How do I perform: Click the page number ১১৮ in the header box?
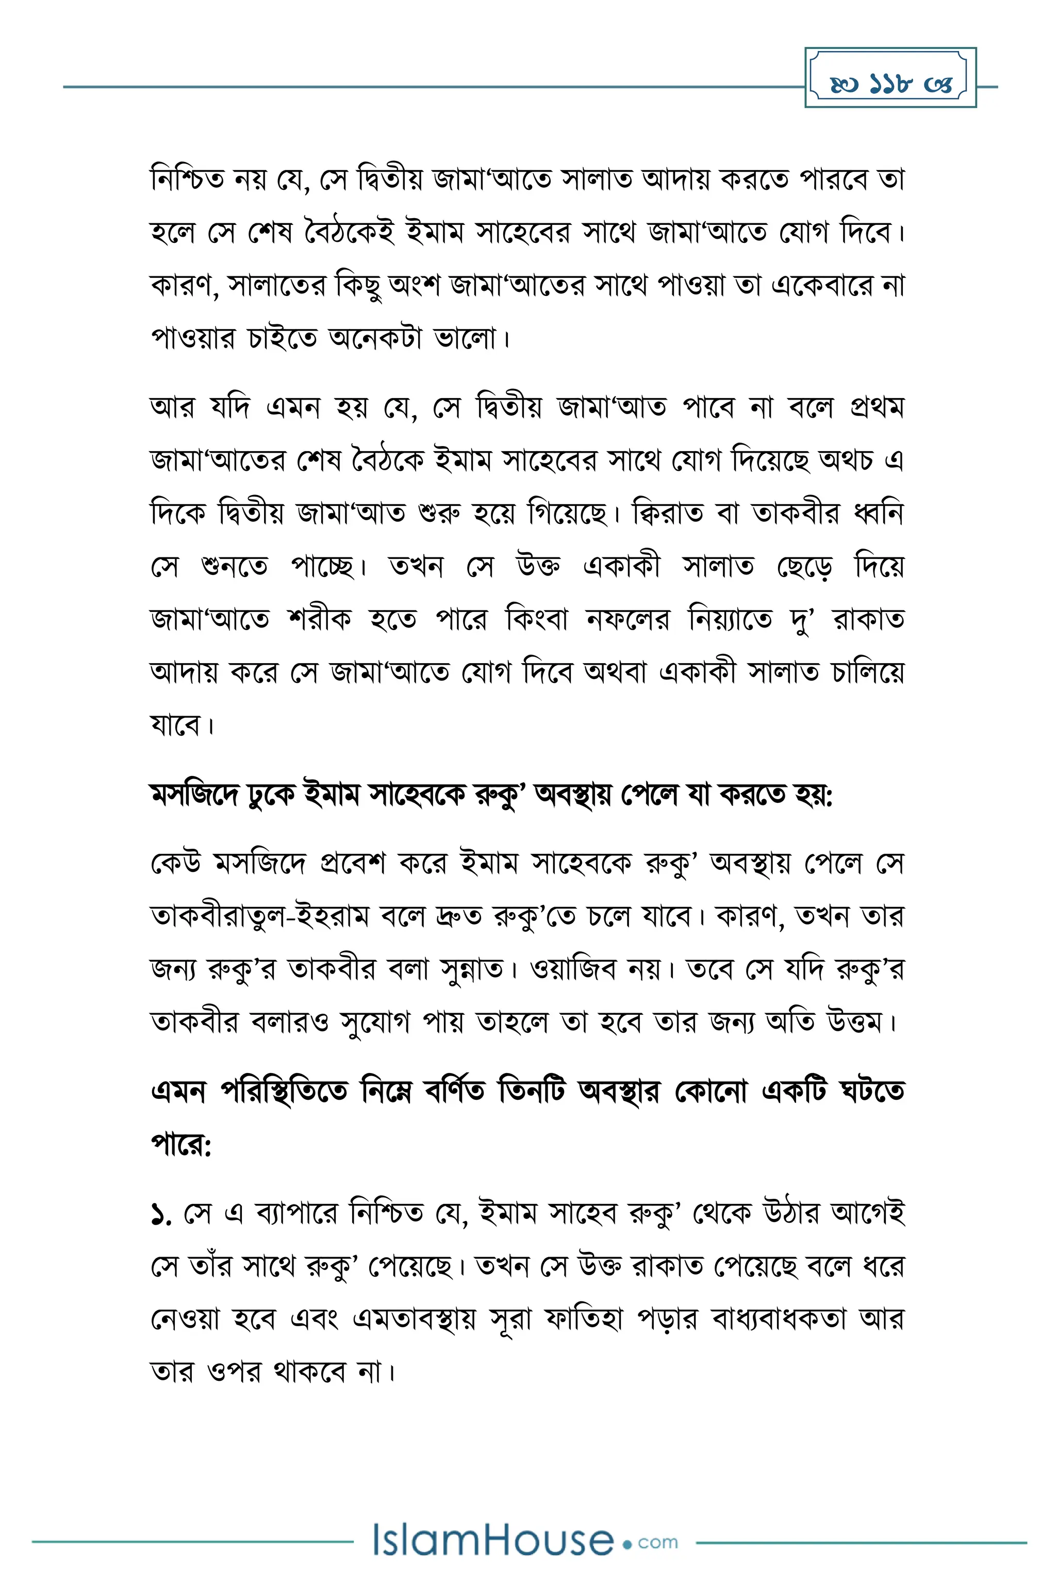[890, 84]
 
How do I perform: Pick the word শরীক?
[319, 619]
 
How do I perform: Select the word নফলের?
[628, 619]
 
